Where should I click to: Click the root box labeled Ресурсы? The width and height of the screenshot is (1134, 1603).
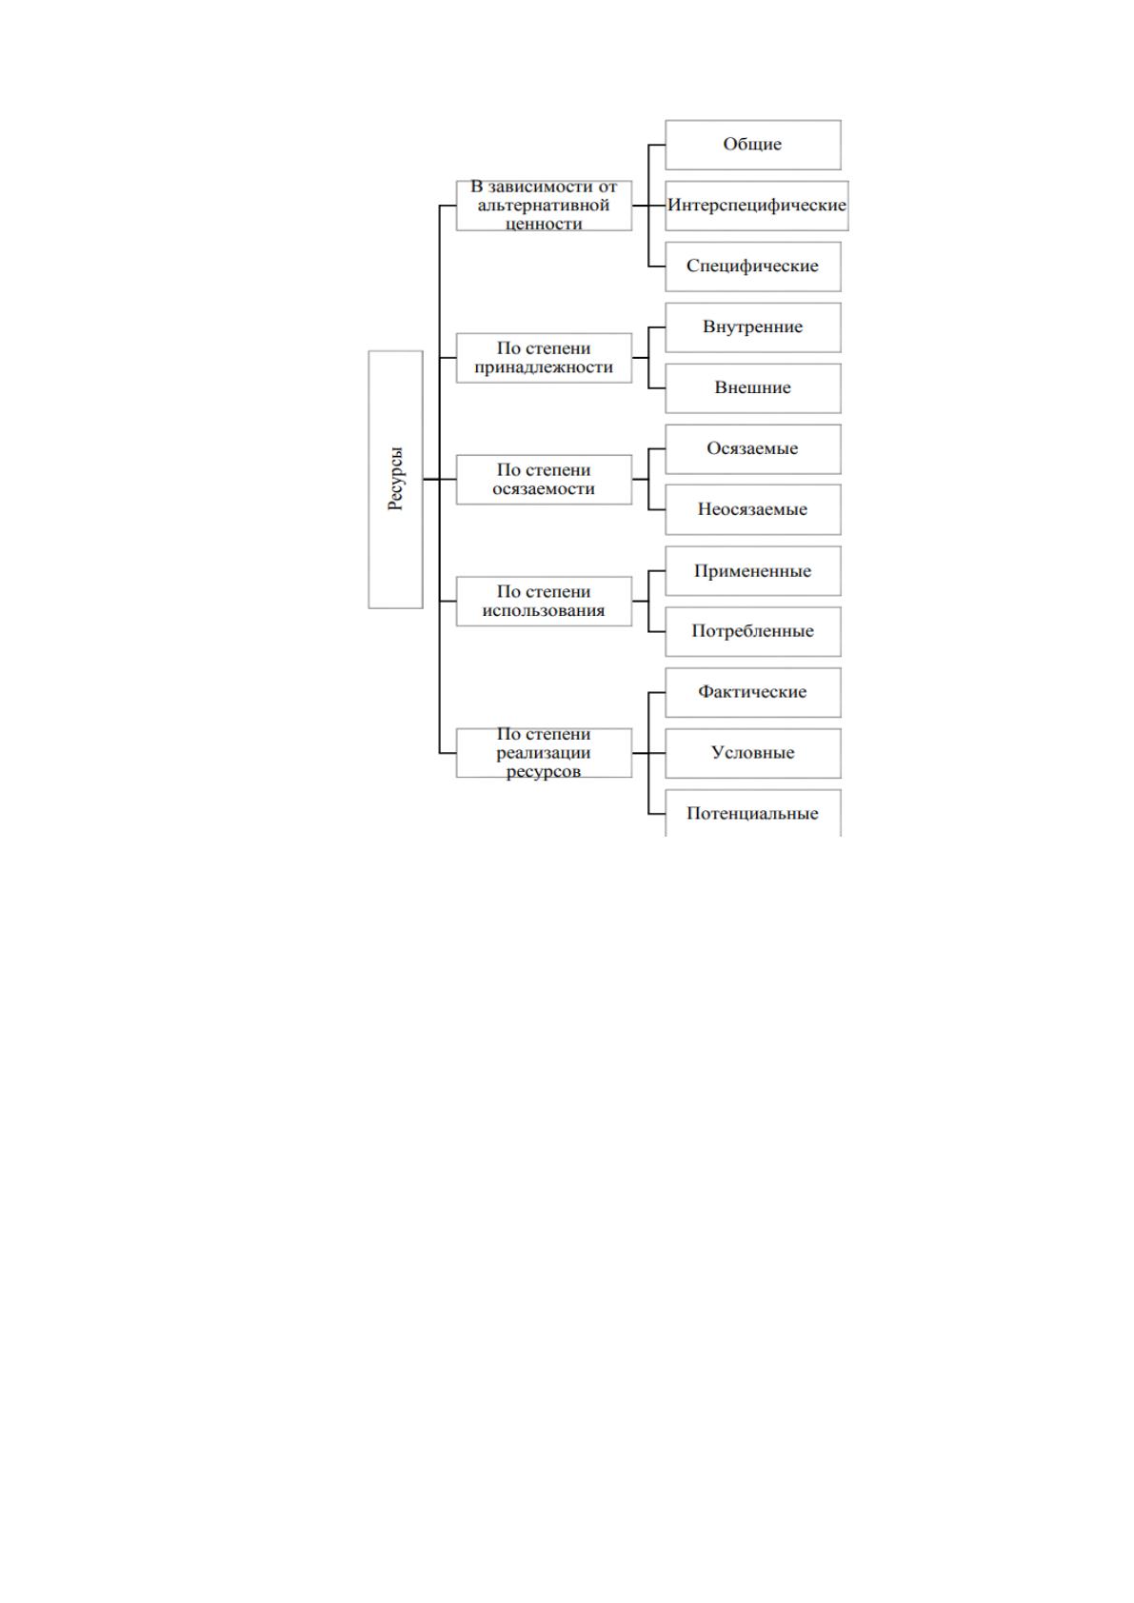pyautogui.click(x=395, y=480)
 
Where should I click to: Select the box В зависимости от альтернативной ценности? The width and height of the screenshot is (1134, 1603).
pyautogui.click(x=544, y=206)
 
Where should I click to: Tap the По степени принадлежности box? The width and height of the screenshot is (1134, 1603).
pyautogui.click(x=544, y=358)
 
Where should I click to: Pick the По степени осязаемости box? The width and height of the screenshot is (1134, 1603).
pyautogui.click(x=544, y=480)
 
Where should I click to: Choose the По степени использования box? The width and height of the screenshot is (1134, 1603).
pyautogui.click(x=544, y=602)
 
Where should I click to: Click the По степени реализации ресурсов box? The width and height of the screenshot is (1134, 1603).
pyautogui.click(x=544, y=753)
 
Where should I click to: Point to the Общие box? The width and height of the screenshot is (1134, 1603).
pyautogui.click(x=753, y=145)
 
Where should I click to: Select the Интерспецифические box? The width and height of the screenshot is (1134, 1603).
pyautogui.click(x=757, y=206)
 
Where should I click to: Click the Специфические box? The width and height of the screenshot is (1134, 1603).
pyautogui.click(x=753, y=267)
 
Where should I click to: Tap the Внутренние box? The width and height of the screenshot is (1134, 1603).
pyautogui.click(x=753, y=327)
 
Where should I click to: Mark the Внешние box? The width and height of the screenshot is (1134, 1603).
pyautogui.click(x=753, y=387)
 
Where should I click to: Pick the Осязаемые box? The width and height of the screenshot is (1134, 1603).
pyautogui.click(x=753, y=448)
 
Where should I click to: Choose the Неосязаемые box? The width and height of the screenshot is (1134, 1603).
pyautogui.click(x=753, y=509)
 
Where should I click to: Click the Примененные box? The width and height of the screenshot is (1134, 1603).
pyautogui.click(x=753, y=571)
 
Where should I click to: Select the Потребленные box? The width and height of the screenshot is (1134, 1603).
pyautogui.click(x=753, y=631)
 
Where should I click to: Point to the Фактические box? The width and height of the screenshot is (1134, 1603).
pyautogui.click(x=753, y=692)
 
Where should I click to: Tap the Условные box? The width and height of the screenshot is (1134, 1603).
pyautogui.click(x=753, y=753)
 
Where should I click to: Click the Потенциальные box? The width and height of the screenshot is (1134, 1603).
pyautogui.click(x=753, y=813)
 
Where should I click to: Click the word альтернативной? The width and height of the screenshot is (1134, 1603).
pyautogui.click(x=544, y=206)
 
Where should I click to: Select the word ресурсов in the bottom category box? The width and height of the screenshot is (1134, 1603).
pyautogui.click(x=544, y=772)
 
